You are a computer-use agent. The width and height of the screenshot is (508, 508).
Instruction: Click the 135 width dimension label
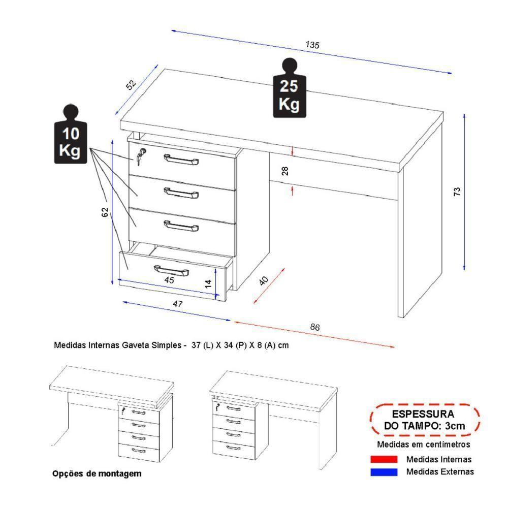click(312, 45)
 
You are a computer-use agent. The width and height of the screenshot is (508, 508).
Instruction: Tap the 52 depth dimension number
click(132, 85)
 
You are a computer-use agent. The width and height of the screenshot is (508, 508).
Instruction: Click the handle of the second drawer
click(181, 192)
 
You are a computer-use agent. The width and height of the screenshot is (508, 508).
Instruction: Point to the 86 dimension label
click(315, 328)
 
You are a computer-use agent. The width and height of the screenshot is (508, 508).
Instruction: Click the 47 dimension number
click(177, 304)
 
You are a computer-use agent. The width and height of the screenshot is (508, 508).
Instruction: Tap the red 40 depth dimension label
click(264, 281)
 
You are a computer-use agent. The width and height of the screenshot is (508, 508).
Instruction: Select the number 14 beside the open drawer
click(208, 283)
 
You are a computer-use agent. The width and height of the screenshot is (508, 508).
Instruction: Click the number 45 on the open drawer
click(169, 280)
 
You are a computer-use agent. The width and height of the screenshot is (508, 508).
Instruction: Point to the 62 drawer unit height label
click(105, 212)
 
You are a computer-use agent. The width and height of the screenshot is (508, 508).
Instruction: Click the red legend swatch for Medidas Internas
click(384, 459)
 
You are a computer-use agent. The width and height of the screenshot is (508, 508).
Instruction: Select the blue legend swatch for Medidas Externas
click(384, 472)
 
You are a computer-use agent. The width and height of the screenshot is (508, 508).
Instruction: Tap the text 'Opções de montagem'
click(97, 473)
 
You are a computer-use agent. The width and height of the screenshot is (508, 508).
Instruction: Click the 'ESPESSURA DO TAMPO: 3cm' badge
click(424, 420)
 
